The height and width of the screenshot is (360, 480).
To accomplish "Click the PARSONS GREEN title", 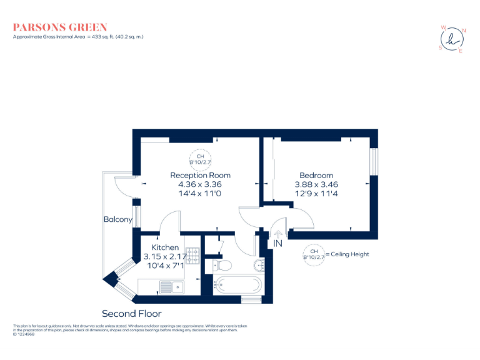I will tap(60, 27).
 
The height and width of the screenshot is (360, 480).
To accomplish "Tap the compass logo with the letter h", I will tap(452, 39).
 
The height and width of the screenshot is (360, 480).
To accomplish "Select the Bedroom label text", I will tap(316, 176).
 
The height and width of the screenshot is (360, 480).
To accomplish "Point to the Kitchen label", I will tap(161, 248).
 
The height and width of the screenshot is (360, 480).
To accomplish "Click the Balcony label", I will tap(117, 219).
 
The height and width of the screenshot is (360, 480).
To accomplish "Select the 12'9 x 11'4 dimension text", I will tap(316, 194).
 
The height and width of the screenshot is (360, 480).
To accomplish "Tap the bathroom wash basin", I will tap(261, 266).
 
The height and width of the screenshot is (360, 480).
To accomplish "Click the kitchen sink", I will tap(170, 287).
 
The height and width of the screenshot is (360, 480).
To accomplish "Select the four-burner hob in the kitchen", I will tap(194, 257).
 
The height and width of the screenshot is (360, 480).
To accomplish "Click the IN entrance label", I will tap(277, 244).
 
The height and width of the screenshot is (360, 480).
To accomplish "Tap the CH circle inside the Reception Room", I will tap(200, 159).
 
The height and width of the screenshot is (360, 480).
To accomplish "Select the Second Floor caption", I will tap(131, 313).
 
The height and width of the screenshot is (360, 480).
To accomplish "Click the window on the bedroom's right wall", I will tap(374, 162).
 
